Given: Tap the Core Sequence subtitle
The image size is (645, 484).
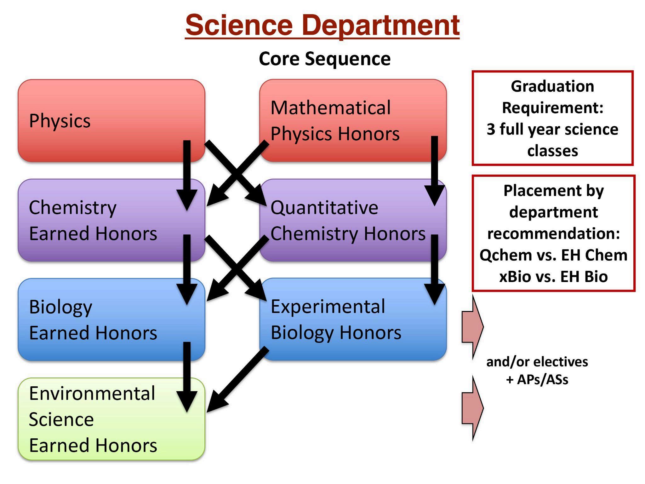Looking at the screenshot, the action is tap(325, 59).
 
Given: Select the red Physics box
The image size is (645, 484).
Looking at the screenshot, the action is tap(111, 121).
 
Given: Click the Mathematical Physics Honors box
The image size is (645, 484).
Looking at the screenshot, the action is tap(353, 121).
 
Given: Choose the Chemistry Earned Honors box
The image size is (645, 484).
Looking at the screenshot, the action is tap(111, 220).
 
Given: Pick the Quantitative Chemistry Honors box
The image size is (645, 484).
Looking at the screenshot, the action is tap(353, 220).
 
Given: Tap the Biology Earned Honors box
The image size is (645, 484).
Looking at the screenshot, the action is tap(111, 320).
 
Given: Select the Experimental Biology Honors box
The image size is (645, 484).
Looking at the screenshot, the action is tap(353, 320).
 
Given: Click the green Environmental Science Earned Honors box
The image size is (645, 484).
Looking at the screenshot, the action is tap(111, 419).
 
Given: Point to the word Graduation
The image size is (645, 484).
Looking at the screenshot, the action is tap(552, 86).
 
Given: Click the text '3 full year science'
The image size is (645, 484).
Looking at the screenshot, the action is tap(552, 130).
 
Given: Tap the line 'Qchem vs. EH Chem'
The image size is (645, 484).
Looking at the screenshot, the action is tap(553, 255).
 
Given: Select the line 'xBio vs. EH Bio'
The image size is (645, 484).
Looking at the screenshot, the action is tap(553, 276).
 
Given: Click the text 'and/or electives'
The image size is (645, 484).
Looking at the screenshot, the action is tap(537, 362).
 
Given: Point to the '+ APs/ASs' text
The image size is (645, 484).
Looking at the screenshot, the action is tap(537, 379).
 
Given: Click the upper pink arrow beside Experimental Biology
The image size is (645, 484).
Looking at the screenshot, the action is tap(473, 327).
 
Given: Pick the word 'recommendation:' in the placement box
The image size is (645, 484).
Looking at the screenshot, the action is tap(553, 234).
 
